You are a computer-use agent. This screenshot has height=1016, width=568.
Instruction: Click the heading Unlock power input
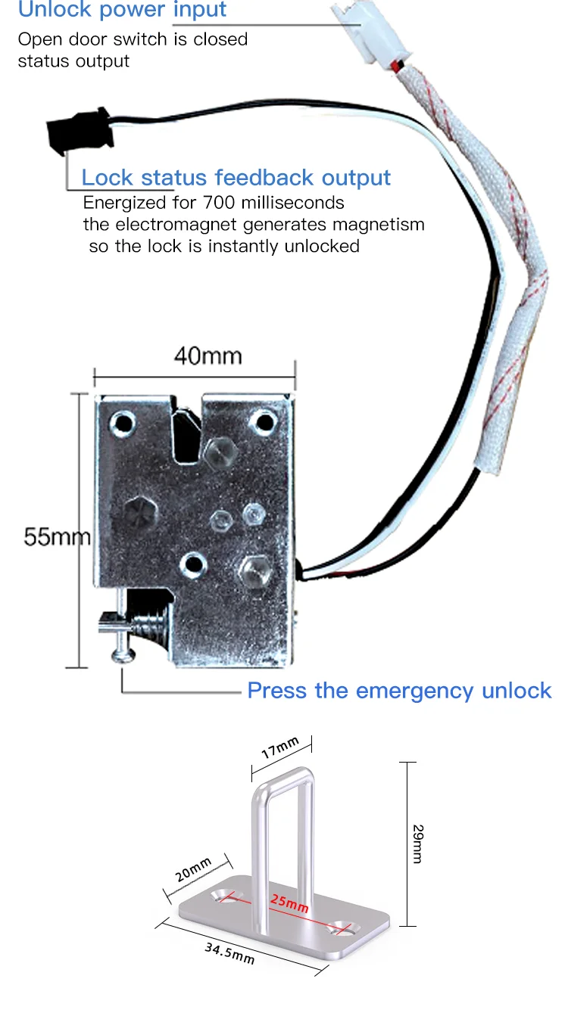pos(122,10)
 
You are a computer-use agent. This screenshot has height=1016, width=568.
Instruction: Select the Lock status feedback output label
pos(236,178)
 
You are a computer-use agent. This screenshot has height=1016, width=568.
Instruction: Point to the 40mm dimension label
pos(208,355)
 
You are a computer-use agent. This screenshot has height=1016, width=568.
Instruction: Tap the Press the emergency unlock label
pos(399,691)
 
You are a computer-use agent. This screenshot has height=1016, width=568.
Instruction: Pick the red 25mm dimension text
pos(289,903)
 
